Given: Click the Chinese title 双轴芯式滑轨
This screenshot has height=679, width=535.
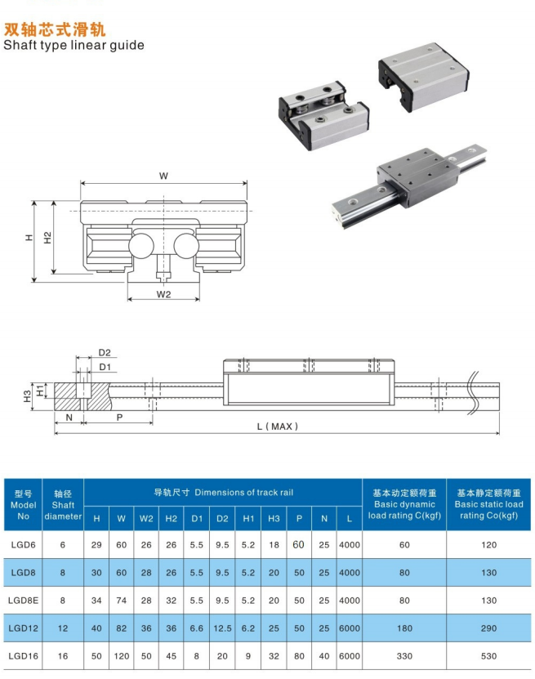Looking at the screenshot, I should [x=55, y=29].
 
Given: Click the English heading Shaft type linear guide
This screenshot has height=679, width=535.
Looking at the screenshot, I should [x=74, y=45].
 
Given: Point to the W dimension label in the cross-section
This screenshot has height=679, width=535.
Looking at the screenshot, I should [x=163, y=176].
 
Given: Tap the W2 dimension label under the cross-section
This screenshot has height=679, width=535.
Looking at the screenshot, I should [x=163, y=294].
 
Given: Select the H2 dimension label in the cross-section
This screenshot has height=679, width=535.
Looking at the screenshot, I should [x=48, y=237].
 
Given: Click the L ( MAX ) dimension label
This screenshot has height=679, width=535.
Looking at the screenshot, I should [x=278, y=426].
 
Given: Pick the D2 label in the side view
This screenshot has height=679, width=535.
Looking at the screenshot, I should [x=105, y=353].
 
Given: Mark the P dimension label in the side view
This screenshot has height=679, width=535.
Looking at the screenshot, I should [x=120, y=417].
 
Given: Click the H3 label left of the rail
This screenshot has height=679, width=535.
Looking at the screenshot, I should [x=28, y=395].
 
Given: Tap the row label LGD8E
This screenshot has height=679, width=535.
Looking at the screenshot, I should [x=23, y=601].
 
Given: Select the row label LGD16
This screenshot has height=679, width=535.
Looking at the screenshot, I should [x=23, y=656].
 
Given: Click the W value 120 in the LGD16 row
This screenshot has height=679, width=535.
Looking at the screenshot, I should [x=122, y=656].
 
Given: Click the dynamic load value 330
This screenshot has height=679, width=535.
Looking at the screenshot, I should [x=403, y=656].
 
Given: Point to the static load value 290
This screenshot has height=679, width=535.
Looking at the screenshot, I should [x=488, y=628].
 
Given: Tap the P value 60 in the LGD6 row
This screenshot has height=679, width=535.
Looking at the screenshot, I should [x=298, y=544].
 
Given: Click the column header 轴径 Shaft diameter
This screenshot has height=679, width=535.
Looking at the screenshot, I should [x=63, y=505].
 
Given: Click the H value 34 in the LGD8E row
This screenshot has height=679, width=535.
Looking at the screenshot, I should [x=97, y=601].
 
